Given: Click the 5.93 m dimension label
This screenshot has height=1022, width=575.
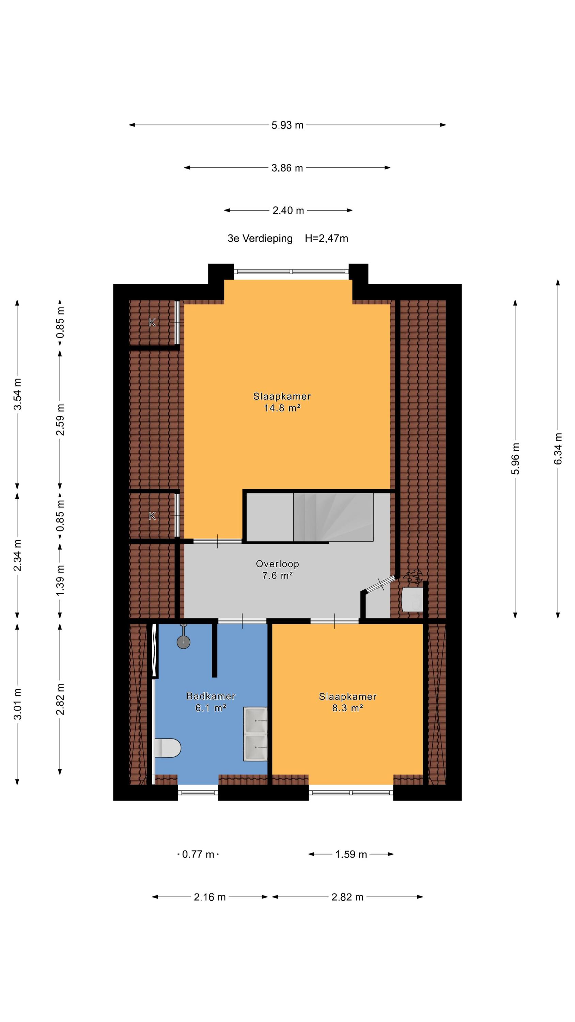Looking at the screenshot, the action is pos(287,125).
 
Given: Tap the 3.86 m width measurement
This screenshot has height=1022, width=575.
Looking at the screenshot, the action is pos(287,168).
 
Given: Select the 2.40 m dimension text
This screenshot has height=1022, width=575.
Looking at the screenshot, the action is pos(288,211).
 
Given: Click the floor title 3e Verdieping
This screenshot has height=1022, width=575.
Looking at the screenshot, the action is pos(260,238).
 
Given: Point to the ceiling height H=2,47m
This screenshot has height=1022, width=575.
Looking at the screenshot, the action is pos(327,238).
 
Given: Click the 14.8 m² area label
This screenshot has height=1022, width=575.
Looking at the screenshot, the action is pos(282,408).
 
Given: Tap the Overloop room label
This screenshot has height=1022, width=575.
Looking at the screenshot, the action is pos(277,564).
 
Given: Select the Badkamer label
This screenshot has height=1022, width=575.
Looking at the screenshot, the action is pos(211,696).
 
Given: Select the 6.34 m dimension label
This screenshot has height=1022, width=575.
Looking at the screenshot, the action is pos(558,448).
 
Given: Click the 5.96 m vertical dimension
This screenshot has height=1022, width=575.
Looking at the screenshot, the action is pos(515,458).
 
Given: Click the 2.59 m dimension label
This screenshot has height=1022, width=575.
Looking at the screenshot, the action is pos(60,420).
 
